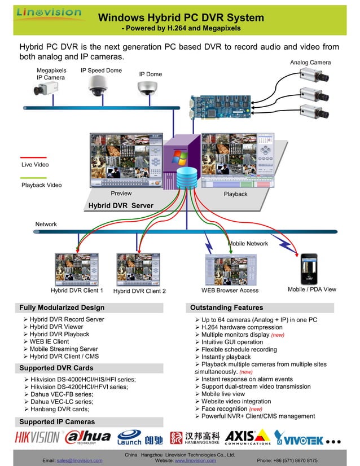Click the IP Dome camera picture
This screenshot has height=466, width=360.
[149, 87]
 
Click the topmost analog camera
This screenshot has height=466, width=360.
[313, 75]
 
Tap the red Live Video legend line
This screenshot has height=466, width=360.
[33, 158]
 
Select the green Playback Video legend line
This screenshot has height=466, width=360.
[33, 178]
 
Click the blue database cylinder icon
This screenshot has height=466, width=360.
[187, 180]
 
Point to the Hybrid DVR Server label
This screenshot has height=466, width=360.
[120, 205]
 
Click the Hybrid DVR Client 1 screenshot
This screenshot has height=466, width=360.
[77, 269]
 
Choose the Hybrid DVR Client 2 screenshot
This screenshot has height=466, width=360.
[138, 269]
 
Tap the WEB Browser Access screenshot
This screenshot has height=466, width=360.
[230, 270]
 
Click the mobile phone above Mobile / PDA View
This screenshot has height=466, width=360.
[308, 269]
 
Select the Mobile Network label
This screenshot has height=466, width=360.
[248, 243]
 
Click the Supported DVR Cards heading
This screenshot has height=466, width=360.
[56, 368]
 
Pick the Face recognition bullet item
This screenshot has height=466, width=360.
[225, 408]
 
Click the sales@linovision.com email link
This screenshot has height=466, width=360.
[79, 460]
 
